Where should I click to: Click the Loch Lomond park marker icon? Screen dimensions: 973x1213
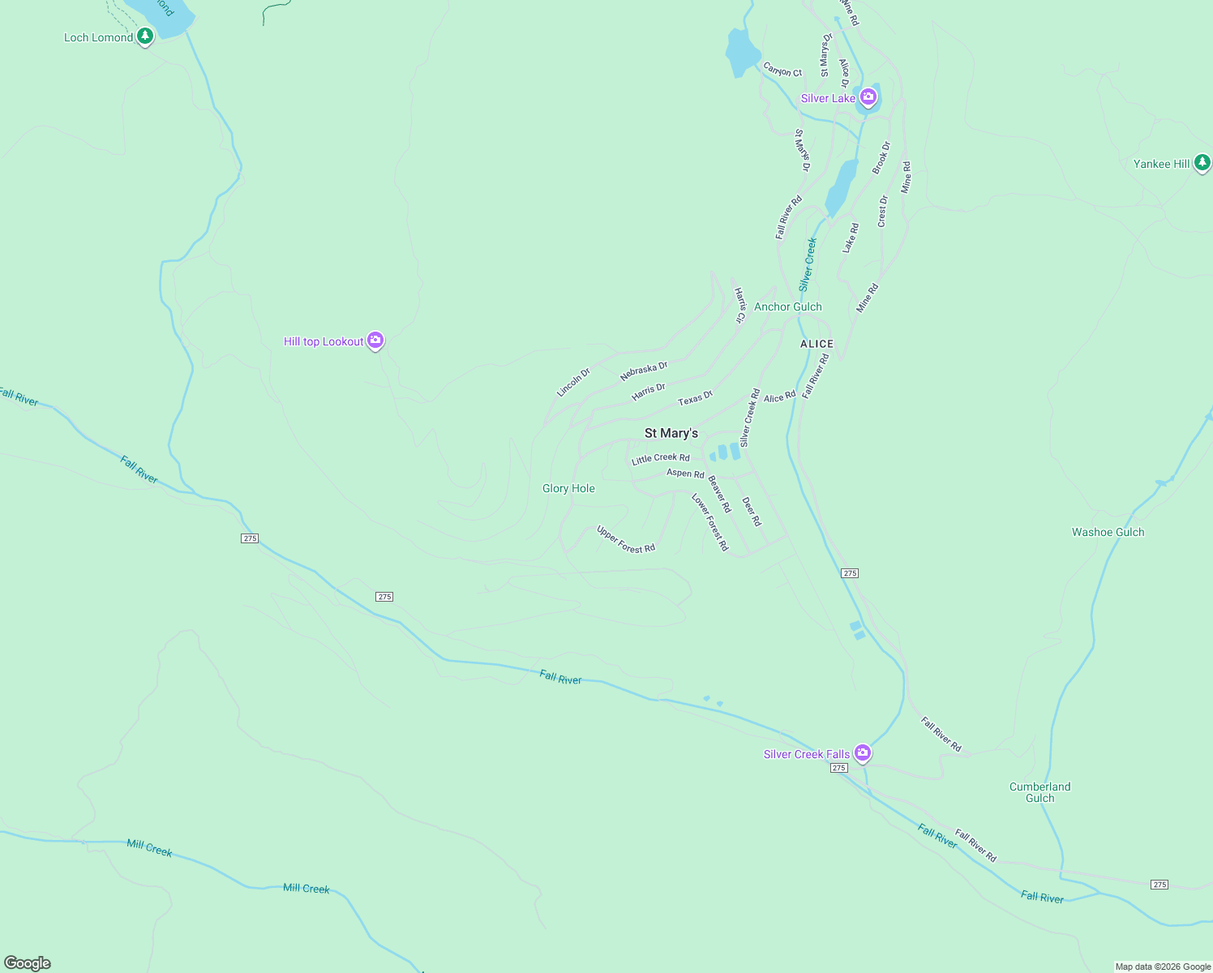145,36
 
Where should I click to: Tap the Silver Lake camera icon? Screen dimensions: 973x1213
868,97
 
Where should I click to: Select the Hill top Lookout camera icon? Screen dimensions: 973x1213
375,340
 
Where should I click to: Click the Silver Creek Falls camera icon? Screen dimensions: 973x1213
863,752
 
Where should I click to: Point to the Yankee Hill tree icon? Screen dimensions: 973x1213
1202,162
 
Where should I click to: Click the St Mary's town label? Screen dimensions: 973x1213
671,433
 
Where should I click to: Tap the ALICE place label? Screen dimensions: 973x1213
817,344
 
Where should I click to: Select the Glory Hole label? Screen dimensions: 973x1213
568,488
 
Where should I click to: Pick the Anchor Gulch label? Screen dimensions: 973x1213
787,306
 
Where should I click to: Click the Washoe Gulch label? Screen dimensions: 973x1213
1108,532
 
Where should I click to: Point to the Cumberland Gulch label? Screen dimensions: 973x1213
1039,792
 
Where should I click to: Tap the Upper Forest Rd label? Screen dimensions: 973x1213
625,539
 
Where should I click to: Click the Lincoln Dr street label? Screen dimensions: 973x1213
573,383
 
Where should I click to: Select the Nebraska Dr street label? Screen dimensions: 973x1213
644,371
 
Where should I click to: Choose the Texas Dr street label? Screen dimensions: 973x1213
695,398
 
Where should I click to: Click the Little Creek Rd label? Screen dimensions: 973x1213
660,459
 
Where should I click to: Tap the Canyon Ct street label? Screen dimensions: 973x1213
782,71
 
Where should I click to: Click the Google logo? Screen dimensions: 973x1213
28,963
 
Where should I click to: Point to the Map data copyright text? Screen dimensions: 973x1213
1163,967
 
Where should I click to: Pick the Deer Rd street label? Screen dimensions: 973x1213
752,512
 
